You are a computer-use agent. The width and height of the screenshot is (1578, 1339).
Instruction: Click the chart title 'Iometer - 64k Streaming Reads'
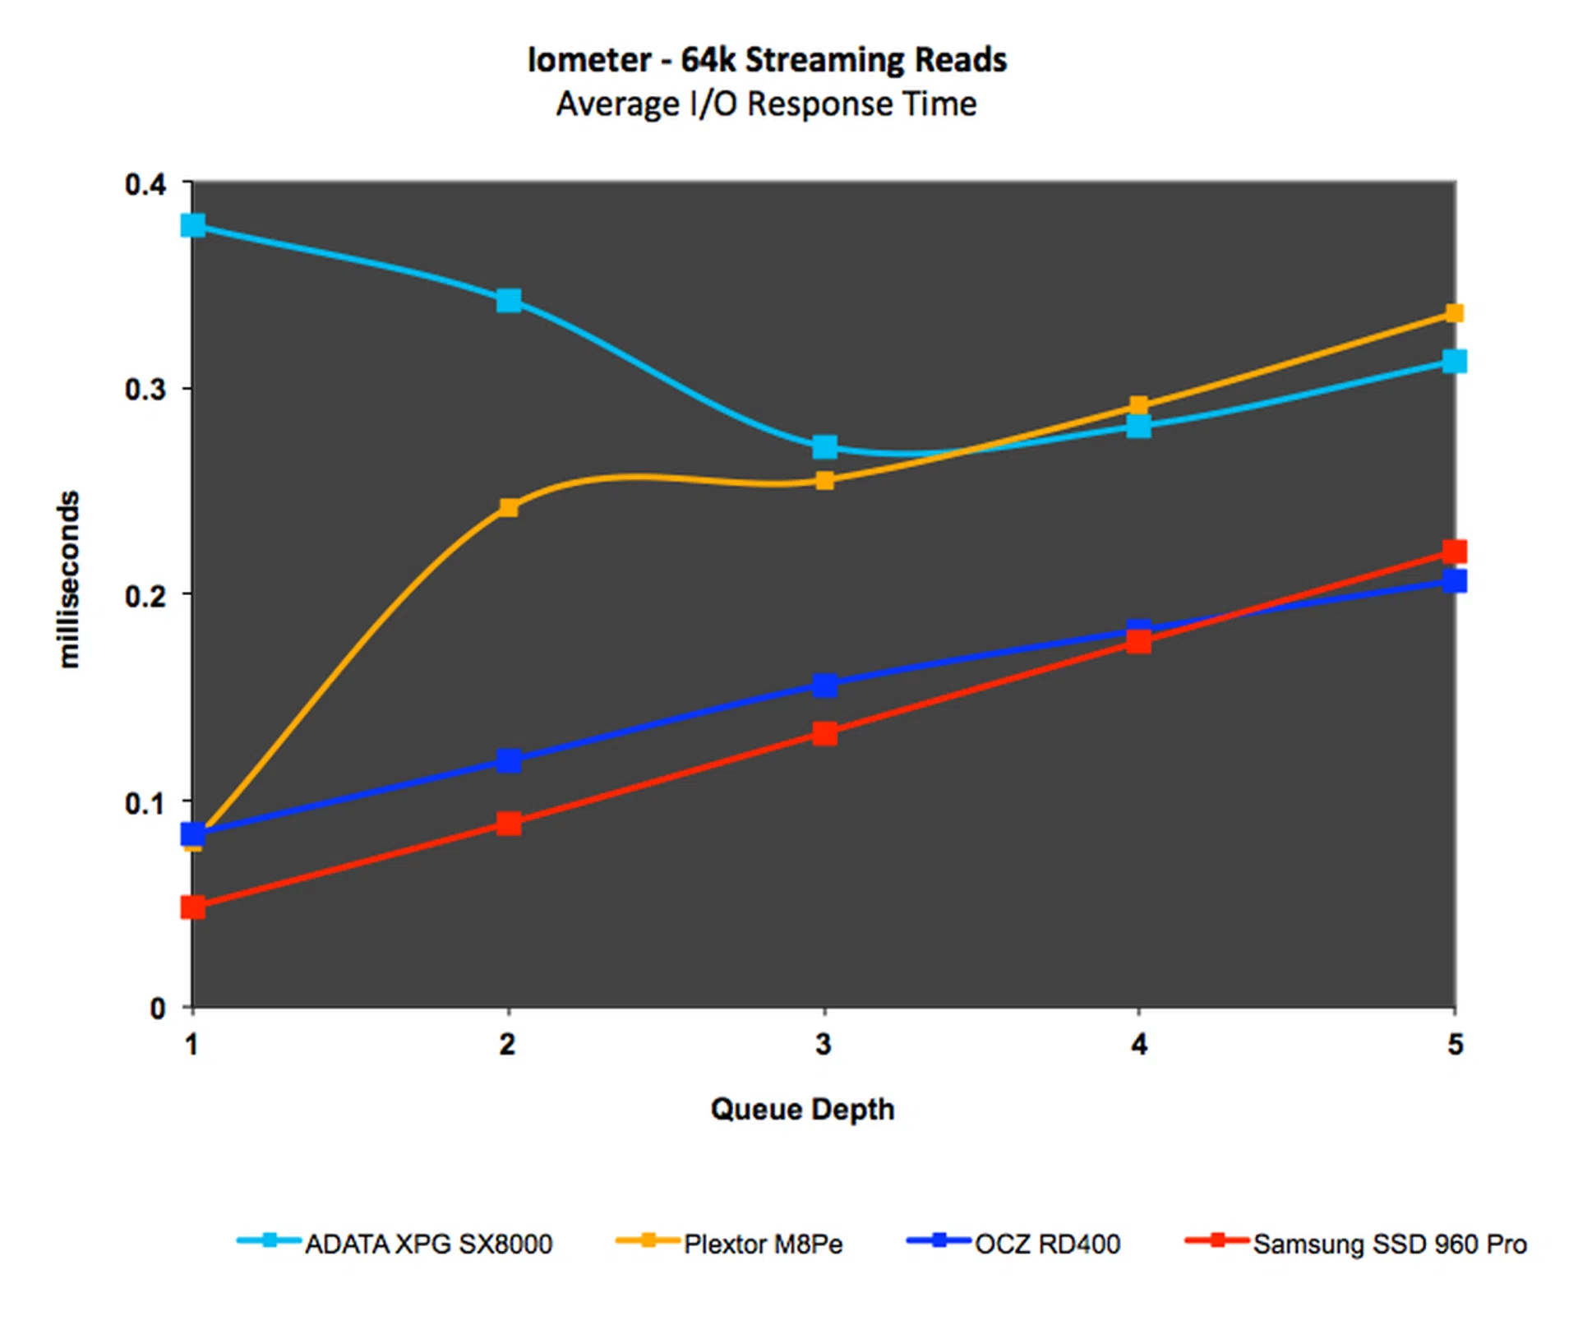767,60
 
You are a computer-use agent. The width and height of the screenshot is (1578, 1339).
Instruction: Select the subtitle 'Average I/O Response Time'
766,104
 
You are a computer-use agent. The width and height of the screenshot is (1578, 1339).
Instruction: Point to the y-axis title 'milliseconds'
69,579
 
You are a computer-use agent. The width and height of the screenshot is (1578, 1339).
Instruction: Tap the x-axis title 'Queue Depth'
802,1109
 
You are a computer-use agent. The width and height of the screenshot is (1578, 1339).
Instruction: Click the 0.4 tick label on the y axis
145,184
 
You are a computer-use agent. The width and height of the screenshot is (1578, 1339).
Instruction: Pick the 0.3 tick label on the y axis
145,389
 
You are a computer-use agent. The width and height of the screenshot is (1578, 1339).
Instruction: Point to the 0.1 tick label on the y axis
145,803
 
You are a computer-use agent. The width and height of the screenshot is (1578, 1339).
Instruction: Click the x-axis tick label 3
824,1044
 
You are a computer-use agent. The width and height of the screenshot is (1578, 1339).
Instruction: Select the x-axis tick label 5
1455,1044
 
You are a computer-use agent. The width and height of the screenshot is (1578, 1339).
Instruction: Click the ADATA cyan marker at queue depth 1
193,225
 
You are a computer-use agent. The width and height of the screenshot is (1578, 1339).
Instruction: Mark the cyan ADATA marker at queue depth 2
509,300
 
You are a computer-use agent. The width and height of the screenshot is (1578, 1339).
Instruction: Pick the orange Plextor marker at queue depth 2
509,507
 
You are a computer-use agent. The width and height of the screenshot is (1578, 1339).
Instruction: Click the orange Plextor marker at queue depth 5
1454,313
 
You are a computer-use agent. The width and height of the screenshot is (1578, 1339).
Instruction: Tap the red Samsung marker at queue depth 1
193,907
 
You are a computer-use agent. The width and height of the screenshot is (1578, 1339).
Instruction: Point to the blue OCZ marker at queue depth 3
824,685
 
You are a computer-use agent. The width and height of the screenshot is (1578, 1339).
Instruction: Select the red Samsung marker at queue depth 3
824,733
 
